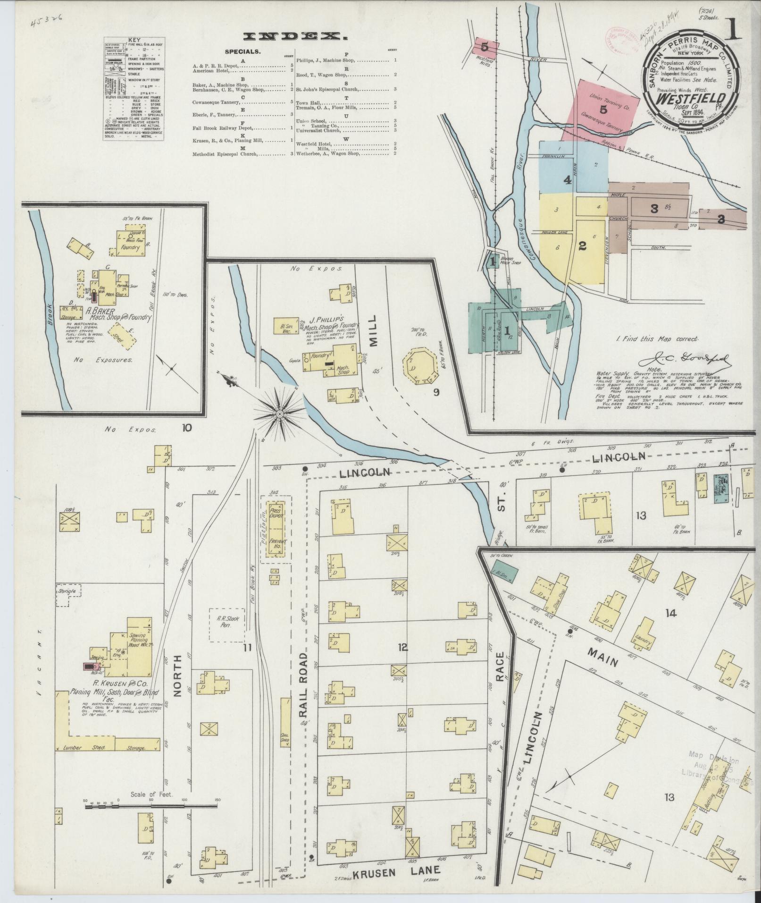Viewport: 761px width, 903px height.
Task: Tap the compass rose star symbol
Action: point(279,414)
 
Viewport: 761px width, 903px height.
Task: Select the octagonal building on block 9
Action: point(418,367)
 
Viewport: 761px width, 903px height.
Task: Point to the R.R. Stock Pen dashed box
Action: point(227,624)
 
